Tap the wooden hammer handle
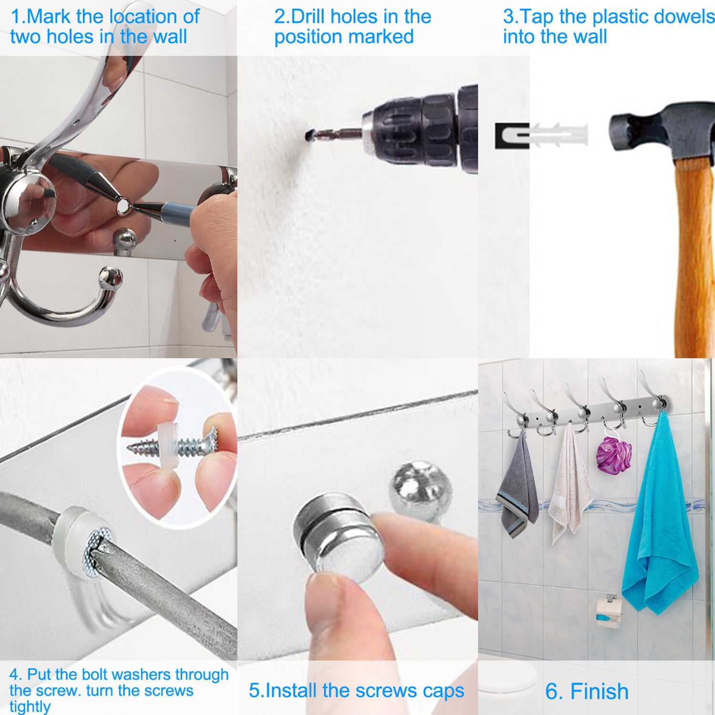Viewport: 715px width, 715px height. pos(694,257)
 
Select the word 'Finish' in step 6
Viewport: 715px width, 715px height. pos(599,691)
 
